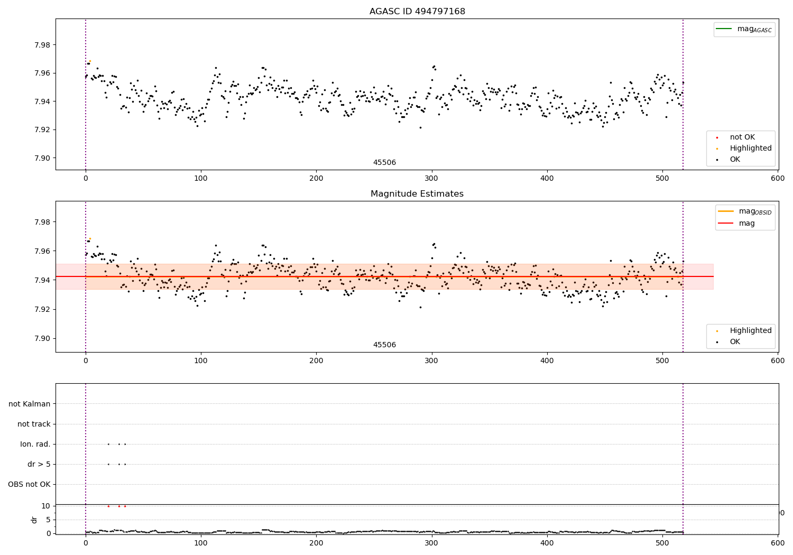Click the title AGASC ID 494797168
(417, 12)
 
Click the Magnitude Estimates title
(417, 194)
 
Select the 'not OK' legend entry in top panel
(742, 137)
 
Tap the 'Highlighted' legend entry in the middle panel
(750, 331)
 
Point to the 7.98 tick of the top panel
(42, 45)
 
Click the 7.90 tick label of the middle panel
(42, 339)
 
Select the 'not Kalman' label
(30, 404)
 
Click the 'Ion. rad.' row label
(35, 445)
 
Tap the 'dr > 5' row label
(39, 465)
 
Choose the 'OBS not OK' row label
(29, 485)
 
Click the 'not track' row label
(34, 424)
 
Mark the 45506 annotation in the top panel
(384, 163)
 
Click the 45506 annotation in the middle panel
(384, 345)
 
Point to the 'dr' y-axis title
(34, 520)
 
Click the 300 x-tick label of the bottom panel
(432, 543)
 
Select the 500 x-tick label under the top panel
(662, 179)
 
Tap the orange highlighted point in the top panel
(90, 61)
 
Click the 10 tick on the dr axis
(45, 506)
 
